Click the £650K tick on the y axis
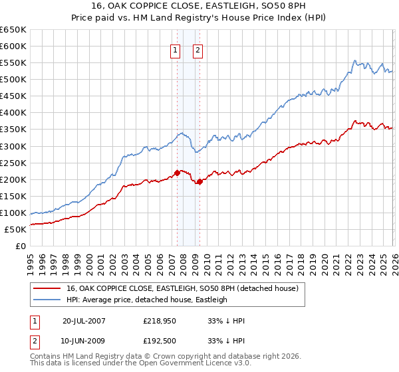(13, 30)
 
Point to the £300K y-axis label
(13, 146)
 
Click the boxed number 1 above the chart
(175, 49)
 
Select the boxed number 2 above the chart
(198, 49)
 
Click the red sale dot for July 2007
(177, 173)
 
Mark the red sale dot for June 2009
(199, 181)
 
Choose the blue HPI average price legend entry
(146, 300)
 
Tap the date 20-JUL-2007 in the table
(84, 320)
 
